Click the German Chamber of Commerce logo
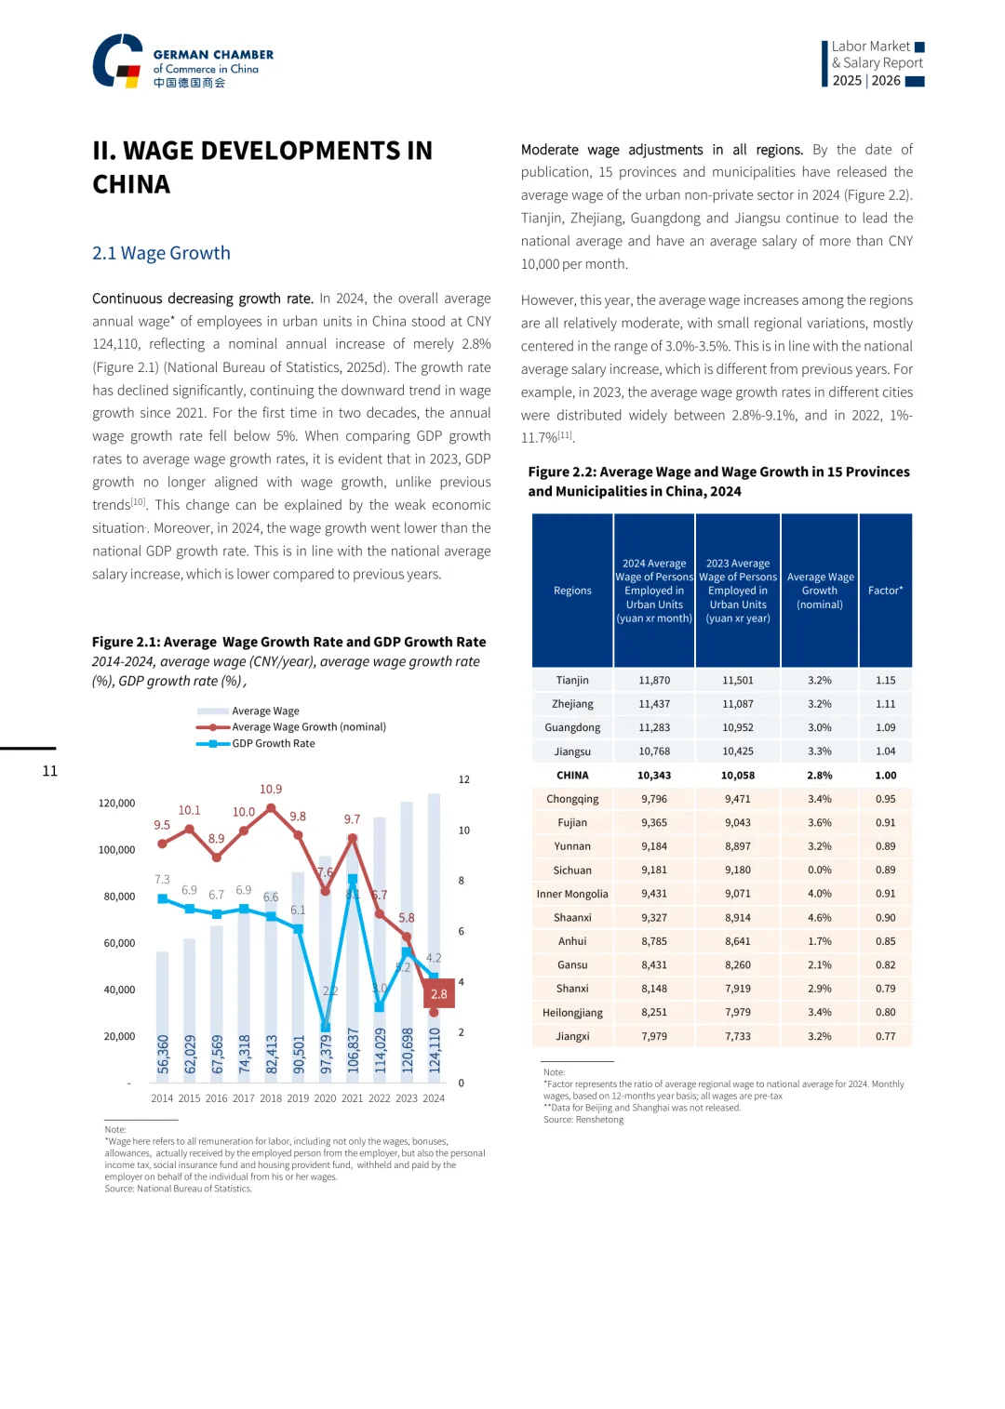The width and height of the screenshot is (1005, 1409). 182,61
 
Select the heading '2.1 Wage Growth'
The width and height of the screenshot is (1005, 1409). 161,253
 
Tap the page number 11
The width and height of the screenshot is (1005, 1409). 50,771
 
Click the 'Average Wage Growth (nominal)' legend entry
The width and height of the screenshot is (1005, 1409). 308,727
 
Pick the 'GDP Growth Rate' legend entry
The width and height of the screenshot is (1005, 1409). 273,743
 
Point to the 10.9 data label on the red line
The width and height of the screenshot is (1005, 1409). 271,789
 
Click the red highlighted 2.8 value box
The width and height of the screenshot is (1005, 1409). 438,993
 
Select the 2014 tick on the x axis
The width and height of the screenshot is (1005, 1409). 162,1098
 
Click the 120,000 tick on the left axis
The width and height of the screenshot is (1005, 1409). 116,803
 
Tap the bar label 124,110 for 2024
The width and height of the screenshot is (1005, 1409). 434,1051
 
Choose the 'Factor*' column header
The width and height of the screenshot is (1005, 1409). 885,591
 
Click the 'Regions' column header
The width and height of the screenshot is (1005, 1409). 572,591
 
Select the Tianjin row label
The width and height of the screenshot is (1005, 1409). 572,681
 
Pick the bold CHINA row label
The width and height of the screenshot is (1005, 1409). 572,776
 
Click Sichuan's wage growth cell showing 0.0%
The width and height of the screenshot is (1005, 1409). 820,871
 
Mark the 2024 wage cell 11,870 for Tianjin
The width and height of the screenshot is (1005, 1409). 654,681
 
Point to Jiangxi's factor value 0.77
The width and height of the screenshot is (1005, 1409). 885,1036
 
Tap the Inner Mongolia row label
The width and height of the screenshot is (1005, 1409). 572,894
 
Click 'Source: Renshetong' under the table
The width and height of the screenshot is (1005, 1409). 583,1120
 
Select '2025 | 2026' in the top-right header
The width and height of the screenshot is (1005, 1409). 866,81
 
